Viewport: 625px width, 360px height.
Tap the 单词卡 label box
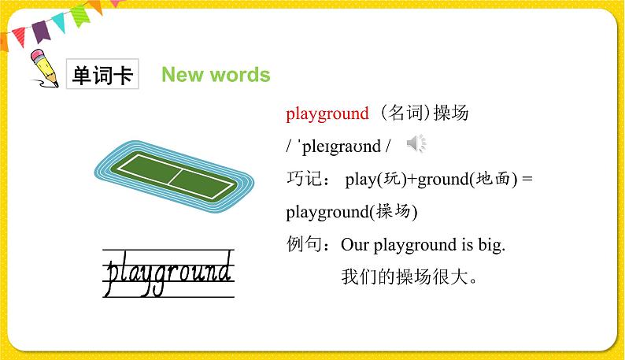(102, 76)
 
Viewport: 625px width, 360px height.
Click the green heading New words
(216, 75)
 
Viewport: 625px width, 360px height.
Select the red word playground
(327, 114)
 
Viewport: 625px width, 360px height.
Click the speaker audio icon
(416, 143)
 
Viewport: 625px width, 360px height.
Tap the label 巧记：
(310, 180)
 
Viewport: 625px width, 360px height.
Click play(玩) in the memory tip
(375, 180)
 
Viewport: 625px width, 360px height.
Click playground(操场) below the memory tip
(351, 213)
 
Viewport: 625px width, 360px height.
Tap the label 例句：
(310, 246)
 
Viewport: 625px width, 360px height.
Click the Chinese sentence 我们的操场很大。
(409, 278)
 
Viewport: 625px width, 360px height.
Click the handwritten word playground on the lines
(168, 273)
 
